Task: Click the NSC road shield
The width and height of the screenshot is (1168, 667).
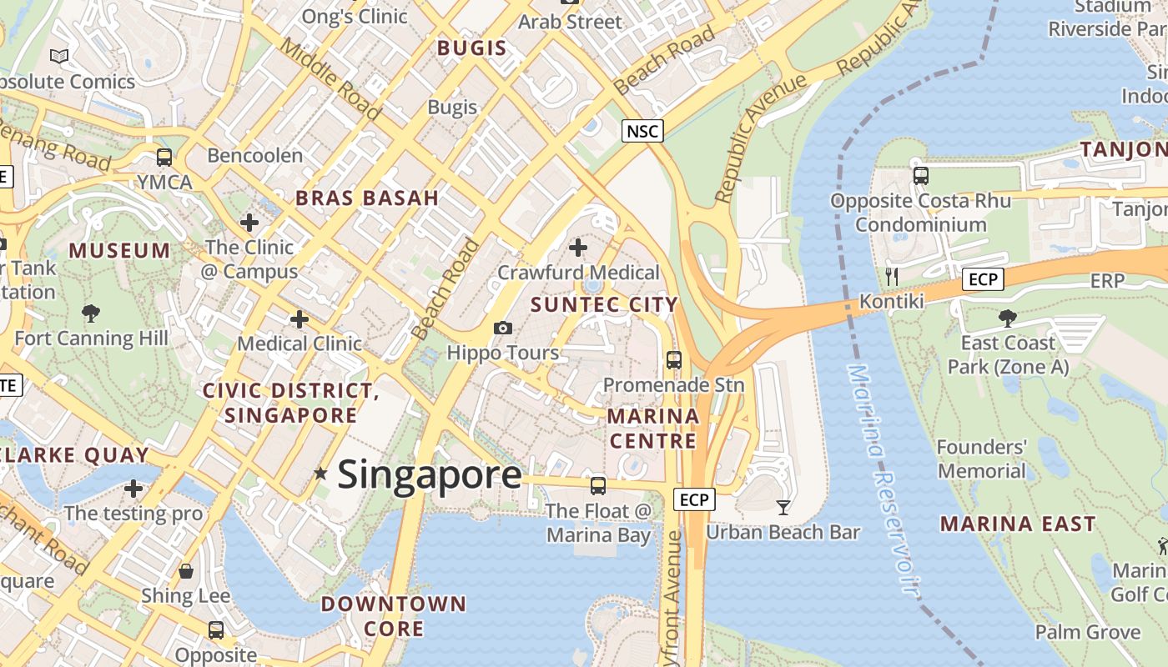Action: (642, 131)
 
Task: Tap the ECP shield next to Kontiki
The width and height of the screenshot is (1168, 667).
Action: (983, 279)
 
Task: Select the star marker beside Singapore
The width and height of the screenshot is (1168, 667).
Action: (320, 474)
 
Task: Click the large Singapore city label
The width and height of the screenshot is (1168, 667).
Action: (430, 475)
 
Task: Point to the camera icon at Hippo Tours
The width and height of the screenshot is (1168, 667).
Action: (502, 328)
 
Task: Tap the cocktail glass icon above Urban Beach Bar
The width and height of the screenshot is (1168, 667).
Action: (783, 507)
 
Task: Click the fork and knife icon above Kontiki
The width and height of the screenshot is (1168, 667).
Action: (892, 276)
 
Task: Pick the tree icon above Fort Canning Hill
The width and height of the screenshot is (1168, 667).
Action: (91, 313)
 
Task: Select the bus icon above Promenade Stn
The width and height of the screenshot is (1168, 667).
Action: (673, 360)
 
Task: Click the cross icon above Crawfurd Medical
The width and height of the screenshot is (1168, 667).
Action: (577, 248)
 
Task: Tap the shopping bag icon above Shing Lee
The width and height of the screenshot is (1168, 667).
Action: (186, 571)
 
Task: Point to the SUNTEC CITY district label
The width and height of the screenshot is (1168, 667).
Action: (604, 304)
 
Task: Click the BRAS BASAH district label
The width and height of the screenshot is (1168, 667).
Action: (367, 198)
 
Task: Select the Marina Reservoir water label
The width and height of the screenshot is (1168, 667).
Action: (883, 479)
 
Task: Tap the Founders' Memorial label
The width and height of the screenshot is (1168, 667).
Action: (981, 459)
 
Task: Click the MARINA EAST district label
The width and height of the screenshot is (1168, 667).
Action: (1018, 524)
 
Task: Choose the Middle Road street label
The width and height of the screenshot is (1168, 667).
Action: (330, 79)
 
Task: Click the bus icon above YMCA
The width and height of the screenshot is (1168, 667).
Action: (164, 157)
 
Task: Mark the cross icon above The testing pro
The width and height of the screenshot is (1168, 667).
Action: (133, 489)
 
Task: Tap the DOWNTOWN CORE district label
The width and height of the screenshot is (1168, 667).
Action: (394, 615)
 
